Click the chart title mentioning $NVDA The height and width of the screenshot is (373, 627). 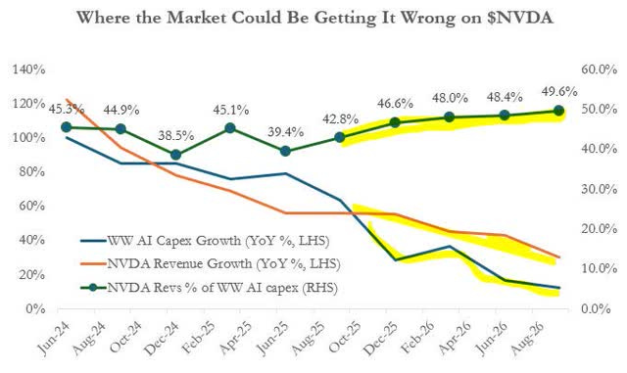coord(313,19)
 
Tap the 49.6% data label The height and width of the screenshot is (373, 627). coord(558,92)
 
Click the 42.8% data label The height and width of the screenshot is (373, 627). coord(340,118)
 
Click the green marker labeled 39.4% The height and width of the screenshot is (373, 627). coord(285,151)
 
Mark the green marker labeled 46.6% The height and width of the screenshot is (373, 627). coord(395,123)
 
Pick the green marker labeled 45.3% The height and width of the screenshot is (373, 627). coord(66,127)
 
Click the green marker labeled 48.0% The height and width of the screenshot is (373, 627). coord(450,117)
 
